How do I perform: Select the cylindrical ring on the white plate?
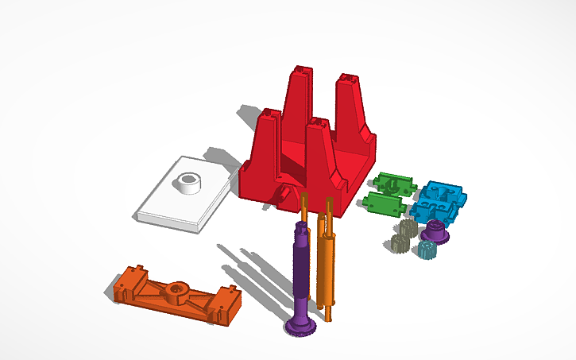click(189, 184)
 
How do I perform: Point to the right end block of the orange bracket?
click(226, 309)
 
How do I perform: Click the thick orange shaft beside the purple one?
click(326, 262)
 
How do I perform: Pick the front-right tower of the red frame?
click(319, 151)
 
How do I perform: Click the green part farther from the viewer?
click(395, 183)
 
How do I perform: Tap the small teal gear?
click(427, 252)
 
